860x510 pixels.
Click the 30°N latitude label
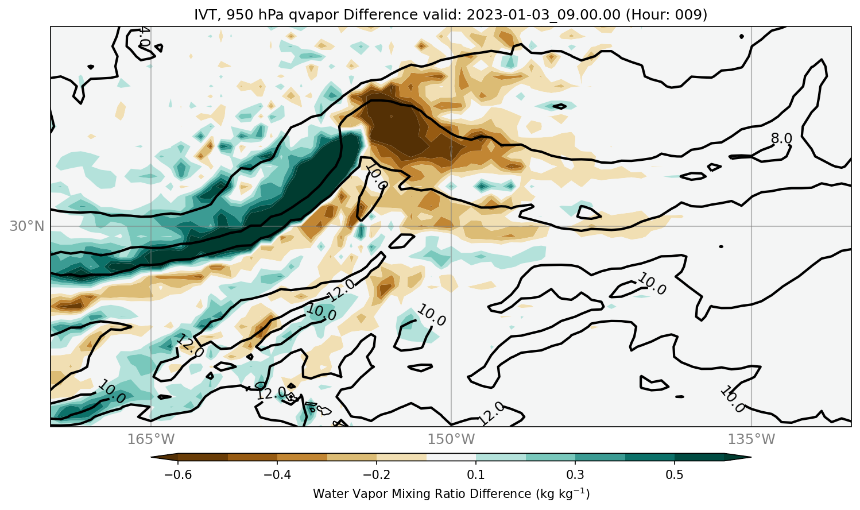[27, 226]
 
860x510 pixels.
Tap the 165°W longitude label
[151, 439]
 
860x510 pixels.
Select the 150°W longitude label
[451, 439]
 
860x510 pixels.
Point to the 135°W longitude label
[751, 439]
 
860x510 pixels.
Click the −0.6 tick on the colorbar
[178, 475]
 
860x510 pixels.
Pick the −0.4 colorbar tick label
[277, 475]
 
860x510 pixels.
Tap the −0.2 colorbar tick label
[377, 475]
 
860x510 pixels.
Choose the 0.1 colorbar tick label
[476, 475]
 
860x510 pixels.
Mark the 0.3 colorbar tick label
[575, 475]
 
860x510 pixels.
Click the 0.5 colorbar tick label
[675, 475]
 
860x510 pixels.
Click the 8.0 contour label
[781, 138]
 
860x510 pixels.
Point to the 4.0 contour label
[144, 37]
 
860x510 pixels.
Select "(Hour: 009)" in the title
[666, 15]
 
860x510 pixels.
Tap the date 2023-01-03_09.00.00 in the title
[543, 15]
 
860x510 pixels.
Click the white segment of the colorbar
[451, 457]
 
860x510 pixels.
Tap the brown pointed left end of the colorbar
[164, 457]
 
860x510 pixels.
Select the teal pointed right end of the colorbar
[738, 457]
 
